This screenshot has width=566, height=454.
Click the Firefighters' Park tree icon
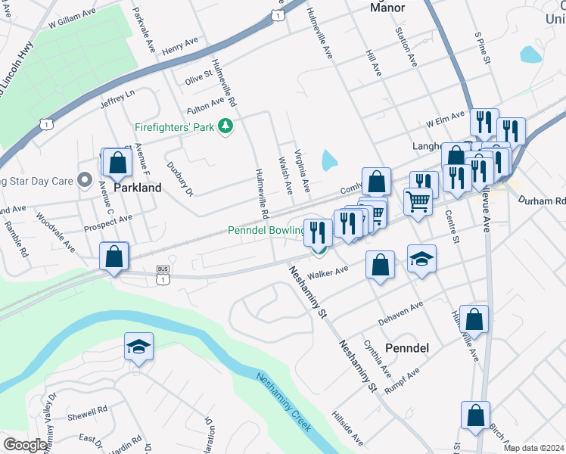point(225,126)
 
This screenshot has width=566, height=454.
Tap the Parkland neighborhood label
point(137,188)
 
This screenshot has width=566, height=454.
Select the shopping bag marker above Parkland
point(117,162)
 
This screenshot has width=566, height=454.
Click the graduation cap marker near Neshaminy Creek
point(138,347)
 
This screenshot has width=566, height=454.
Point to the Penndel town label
point(407,348)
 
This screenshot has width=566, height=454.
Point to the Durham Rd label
point(542,201)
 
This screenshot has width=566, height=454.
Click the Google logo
point(24,445)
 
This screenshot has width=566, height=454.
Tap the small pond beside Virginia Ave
point(329,160)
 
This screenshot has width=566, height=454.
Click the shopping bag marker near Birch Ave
point(474,415)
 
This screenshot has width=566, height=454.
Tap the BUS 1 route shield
point(163,274)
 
